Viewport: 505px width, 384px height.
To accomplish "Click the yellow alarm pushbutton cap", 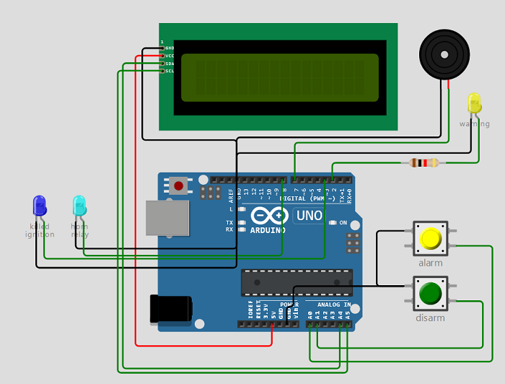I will pos(431,238).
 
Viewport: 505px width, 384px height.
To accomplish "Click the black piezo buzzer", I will pos(444,54).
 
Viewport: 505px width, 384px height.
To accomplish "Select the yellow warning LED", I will pos(474,102).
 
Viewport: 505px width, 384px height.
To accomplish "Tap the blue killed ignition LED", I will pos(40,206).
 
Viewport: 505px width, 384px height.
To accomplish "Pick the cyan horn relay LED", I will pos(79,206).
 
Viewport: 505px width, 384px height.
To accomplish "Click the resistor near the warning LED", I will pos(423,162).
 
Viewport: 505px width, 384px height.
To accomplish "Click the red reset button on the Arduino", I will pos(178,186).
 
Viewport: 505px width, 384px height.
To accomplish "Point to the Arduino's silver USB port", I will pos(167,217).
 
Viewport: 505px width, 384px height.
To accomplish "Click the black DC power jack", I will pos(171,308).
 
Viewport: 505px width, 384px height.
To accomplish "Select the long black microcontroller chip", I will pos(297,282).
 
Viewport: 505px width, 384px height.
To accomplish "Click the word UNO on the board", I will pos(309,215).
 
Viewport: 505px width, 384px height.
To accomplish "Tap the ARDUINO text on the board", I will pos(268,230).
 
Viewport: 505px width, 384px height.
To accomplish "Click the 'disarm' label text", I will pos(430,318).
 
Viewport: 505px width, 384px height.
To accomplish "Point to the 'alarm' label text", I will pos(431,263).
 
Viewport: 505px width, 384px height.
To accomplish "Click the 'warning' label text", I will pos(474,124).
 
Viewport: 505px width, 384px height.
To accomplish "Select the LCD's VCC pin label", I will pos(170,56).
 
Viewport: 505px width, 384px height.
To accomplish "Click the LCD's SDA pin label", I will pos(170,64).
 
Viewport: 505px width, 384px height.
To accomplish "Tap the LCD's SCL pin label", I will pos(170,71).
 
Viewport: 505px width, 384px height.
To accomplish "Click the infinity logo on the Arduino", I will pos(268,215).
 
